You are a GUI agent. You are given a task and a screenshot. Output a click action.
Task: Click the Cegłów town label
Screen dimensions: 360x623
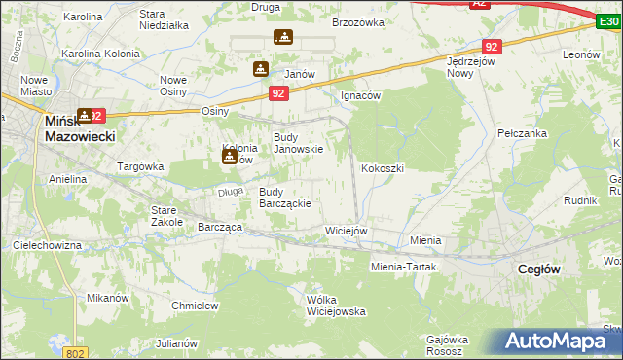(537, 270)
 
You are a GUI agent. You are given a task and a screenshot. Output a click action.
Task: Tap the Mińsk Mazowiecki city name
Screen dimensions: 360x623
(80, 129)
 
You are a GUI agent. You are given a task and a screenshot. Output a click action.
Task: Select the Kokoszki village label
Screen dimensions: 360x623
(383, 168)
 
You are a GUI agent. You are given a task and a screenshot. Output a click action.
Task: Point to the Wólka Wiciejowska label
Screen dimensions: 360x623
(335, 306)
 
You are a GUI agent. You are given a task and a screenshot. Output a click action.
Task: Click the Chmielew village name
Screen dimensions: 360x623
(194, 306)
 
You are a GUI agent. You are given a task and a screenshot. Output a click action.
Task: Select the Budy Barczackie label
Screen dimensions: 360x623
(284, 198)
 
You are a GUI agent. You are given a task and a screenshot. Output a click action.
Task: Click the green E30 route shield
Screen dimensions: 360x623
(608, 19)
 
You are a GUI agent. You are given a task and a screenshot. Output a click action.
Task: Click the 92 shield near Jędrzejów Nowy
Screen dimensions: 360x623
(492, 46)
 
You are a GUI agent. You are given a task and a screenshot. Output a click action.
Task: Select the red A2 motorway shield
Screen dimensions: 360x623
(479, 5)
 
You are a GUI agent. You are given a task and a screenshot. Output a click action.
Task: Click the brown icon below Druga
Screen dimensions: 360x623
(283, 38)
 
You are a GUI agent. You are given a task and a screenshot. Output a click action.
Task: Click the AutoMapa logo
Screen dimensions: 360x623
(555, 341)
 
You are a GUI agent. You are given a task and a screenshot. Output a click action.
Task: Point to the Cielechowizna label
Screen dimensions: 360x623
(47, 246)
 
